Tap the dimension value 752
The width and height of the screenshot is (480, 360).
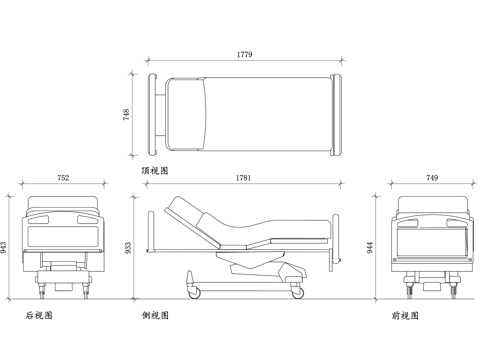click(63, 178)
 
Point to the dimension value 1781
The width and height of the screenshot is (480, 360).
click(241, 178)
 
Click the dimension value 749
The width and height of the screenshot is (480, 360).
click(432, 178)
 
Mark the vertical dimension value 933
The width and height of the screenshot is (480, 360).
click(127, 246)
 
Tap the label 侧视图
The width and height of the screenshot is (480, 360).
click(156, 316)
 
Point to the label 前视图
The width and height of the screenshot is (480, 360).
click(405, 316)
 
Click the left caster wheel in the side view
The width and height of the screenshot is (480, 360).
click(193, 291)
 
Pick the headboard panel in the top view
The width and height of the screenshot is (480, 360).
click(156, 115)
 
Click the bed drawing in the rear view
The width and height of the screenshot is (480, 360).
click(63, 245)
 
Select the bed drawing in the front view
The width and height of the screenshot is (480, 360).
click(432, 245)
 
